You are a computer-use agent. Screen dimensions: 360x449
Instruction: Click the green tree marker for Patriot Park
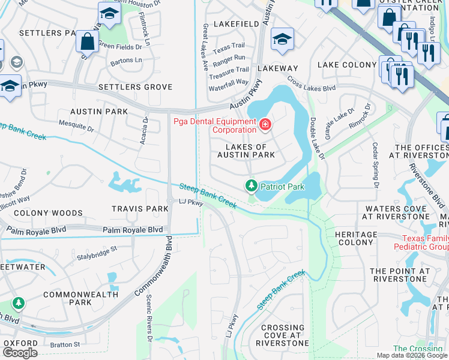[x=251, y=186]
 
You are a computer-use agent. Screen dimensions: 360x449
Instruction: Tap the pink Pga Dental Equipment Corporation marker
[x=264, y=125]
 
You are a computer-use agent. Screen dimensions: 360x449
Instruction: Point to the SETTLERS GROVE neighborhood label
[x=136, y=87]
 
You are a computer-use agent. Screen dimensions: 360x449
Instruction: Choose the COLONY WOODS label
[x=48, y=213]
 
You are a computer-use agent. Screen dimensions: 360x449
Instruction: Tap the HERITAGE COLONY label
[x=356, y=238]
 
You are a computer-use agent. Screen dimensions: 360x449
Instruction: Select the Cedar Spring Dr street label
[x=375, y=166]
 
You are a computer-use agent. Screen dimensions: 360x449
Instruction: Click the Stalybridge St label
[x=96, y=257]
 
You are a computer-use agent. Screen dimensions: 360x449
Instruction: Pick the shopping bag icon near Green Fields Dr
[x=88, y=42]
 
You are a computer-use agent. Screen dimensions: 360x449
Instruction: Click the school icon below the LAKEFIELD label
[x=282, y=39]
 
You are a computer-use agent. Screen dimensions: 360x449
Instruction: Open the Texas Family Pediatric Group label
[x=420, y=242]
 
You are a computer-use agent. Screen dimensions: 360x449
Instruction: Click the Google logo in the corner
[x=20, y=353]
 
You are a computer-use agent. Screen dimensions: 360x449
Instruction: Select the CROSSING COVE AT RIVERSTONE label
[x=282, y=335]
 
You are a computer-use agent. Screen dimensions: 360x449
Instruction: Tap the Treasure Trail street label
[x=229, y=69]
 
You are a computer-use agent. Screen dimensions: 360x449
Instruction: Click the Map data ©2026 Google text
[x=411, y=355]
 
